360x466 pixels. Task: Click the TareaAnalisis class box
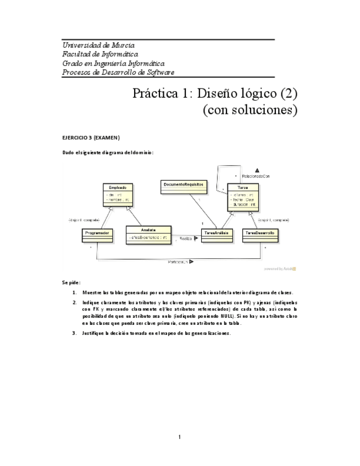coord(215,234)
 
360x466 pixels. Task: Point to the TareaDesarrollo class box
coord(260,234)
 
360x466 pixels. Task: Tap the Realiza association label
coord(186,238)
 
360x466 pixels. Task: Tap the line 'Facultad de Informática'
coord(100,54)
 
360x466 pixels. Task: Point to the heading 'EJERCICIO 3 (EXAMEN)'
coord(91,137)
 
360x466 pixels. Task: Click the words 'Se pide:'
coord(71,282)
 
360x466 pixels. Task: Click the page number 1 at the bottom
coord(179,437)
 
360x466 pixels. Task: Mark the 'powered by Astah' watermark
coord(280,269)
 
